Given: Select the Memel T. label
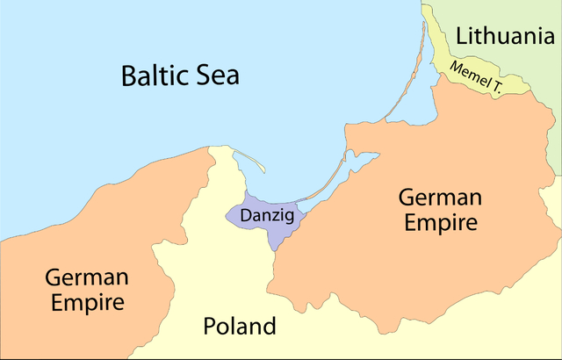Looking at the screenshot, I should click(x=476, y=77).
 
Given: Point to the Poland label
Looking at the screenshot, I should click(x=239, y=328).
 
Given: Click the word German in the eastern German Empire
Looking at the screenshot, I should click(x=440, y=197).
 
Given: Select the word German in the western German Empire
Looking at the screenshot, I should click(x=87, y=278).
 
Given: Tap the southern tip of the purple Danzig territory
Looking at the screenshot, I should click(x=274, y=248).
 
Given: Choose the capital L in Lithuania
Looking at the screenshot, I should click(x=462, y=36).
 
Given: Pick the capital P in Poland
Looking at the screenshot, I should click(x=211, y=328).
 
